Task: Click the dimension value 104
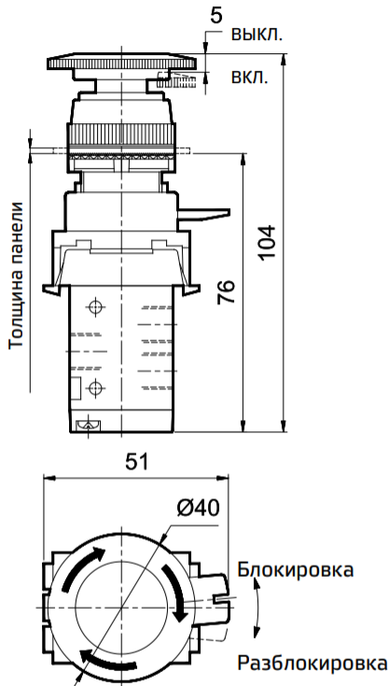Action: click(x=267, y=244)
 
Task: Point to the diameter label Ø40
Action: click(x=195, y=508)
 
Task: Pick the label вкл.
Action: click(x=249, y=77)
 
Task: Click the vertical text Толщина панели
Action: click(x=16, y=275)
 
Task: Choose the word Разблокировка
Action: click(x=312, y=664)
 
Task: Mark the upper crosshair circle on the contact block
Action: click(x=93, y=307)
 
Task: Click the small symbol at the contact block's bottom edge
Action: click(x=90, y=426)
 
